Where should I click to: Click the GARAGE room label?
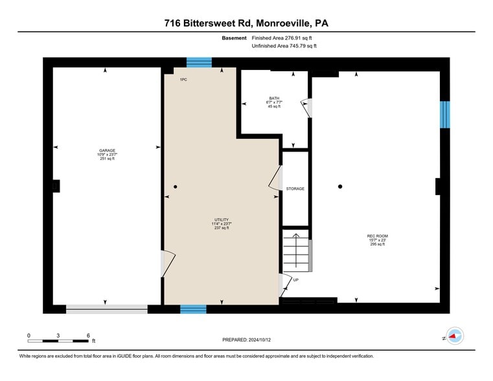pos(107,150)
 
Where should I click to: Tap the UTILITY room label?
pos(222,220)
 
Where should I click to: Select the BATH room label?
pos(274,98)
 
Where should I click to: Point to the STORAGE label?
pos(295,189)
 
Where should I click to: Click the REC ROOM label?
pos(377,236)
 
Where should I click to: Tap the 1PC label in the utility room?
pos(183,80)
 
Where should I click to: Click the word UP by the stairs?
pos(296,280)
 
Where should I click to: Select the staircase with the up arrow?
pos(296,251)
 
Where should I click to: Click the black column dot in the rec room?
pos(340,187)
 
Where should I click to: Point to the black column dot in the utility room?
pos(176,187)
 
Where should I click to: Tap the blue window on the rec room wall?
pos(445,115)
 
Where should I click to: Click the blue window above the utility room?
pos(199,62)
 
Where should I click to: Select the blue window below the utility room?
pos(193,309)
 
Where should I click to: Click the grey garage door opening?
pos(107,309)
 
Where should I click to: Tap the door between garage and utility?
pos(168,264)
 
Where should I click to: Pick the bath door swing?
pos(306,108)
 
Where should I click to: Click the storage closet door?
pos(275,178)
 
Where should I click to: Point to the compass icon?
pos(455,336)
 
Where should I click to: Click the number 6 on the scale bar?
pos(88,336)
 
